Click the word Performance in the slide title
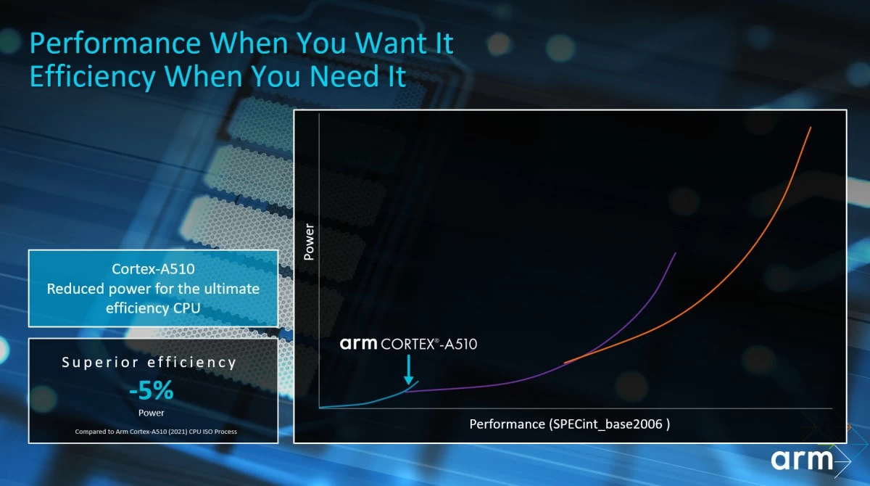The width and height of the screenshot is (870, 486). [115, 44]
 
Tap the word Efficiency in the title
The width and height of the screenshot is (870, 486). [93, 77]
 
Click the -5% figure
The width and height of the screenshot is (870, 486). [151, 390]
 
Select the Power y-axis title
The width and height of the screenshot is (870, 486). [309, 242]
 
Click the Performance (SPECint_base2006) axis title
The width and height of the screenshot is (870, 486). [569, 424]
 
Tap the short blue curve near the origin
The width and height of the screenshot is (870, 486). [369, 402]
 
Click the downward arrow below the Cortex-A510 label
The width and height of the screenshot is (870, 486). [409, 370]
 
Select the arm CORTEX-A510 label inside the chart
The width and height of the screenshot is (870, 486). [408, 344]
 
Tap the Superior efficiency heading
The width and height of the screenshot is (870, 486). [149, 363]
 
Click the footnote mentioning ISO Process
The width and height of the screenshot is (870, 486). [156, 432]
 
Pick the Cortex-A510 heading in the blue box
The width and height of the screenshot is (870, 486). [153, 269]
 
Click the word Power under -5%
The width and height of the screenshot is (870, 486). [151, 413]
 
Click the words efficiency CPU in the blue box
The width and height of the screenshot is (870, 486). [153, 308]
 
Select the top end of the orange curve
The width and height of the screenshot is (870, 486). [811, 127]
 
